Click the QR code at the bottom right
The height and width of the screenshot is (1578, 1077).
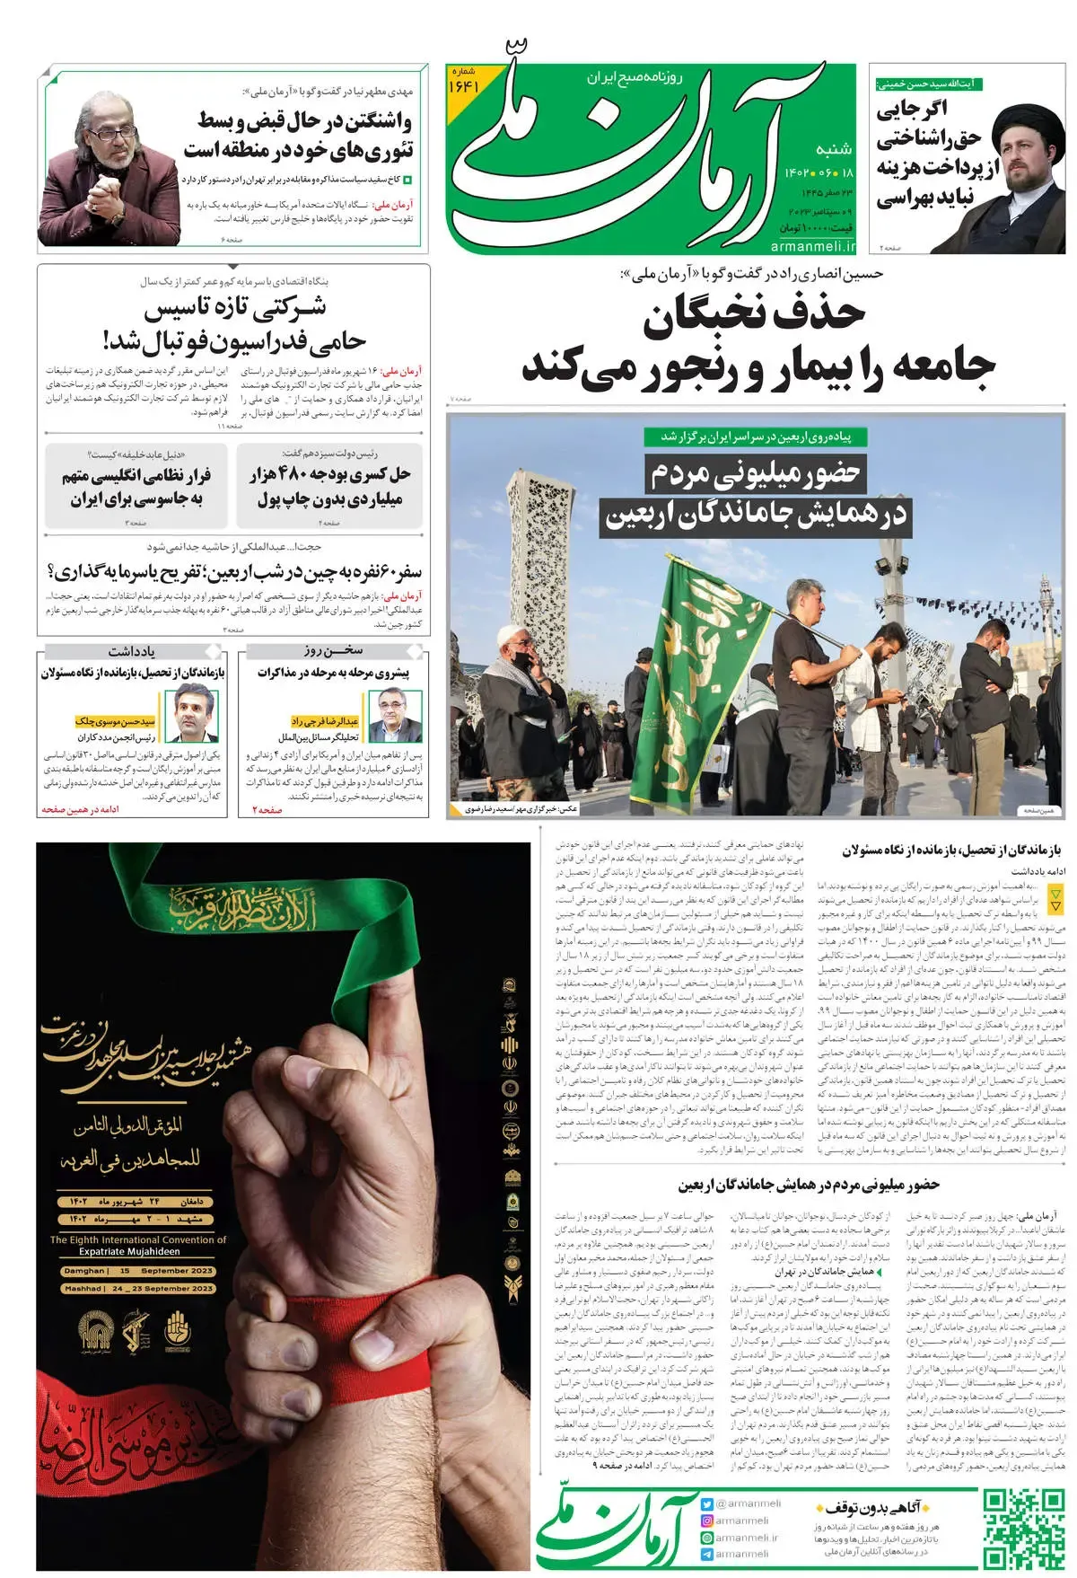1022,1528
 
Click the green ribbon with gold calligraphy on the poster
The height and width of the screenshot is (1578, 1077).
269,898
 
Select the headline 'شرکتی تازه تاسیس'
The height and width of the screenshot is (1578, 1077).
235,307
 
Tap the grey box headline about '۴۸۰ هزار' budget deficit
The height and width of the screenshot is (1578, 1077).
329,485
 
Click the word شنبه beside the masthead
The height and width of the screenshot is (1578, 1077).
834,148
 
